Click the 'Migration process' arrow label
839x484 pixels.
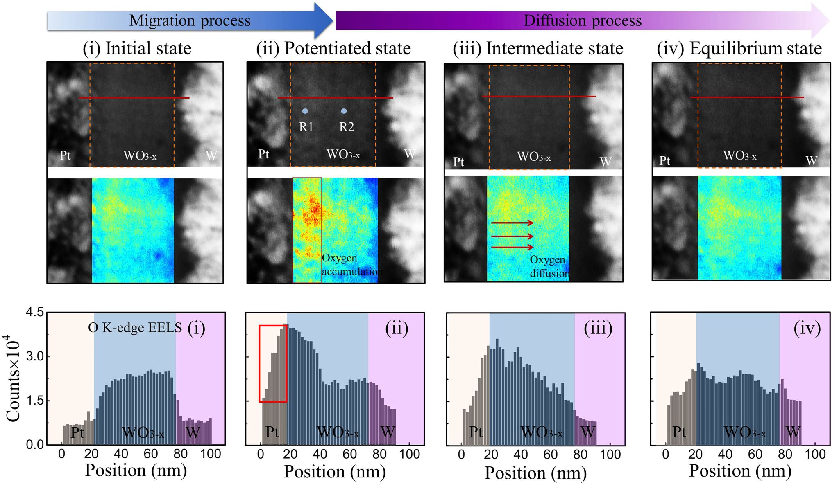(190, 20)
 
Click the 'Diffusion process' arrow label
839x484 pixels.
(582, 20)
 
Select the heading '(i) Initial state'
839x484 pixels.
(137, 48)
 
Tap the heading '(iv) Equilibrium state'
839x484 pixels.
(739, 48)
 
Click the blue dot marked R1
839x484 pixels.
(305, 111)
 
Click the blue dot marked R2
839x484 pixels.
(344, 111)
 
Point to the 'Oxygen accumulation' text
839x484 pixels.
(351, 265)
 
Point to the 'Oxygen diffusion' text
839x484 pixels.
(549, 266)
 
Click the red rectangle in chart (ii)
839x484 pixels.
(272, 364)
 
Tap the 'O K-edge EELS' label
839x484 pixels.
(135, 327)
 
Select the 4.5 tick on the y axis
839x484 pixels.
(34, 313)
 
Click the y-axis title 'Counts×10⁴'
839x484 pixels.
(13, 378)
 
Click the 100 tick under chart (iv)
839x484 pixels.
(815, 454)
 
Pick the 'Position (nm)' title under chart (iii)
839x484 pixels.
(535, 473)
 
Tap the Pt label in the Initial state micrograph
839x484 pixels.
(65, 155)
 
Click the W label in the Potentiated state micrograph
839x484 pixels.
(410, 154)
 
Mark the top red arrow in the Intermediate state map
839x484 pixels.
(512, 223)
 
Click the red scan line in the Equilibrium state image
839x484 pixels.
(747, 97)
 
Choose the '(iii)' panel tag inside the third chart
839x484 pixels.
(598, 329)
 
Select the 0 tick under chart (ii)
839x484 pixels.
(261, 454)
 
